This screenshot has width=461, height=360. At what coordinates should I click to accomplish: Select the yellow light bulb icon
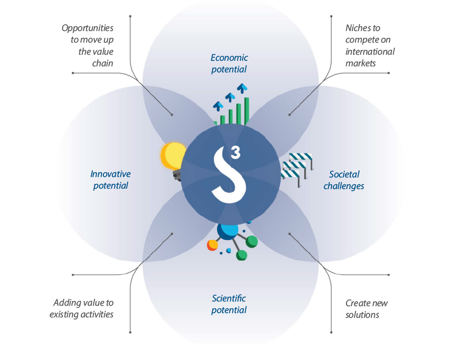tap(174, 157)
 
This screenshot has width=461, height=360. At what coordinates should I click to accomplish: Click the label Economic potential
tap(229, 63)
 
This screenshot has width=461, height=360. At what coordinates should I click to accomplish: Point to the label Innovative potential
tap(110, 180)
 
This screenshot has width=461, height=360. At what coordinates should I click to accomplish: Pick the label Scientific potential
tap(229, 304)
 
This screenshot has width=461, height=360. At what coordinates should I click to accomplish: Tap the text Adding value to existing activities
tap(82, 309)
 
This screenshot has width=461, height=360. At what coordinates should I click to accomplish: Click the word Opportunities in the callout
tap(87, 28)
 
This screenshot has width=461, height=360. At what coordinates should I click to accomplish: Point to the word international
tap(370, 52)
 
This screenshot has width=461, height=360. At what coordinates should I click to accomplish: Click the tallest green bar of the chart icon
tap(247, 111)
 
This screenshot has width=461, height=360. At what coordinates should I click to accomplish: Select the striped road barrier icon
tap(297, 166)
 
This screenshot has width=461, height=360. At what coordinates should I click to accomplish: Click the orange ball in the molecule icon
tap(212, 245)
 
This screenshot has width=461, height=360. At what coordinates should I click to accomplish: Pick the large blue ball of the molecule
tap(227, 231)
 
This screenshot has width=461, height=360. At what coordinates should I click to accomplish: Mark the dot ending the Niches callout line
tap(290, 115)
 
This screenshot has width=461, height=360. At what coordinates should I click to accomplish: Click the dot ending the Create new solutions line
tap(290, 234)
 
